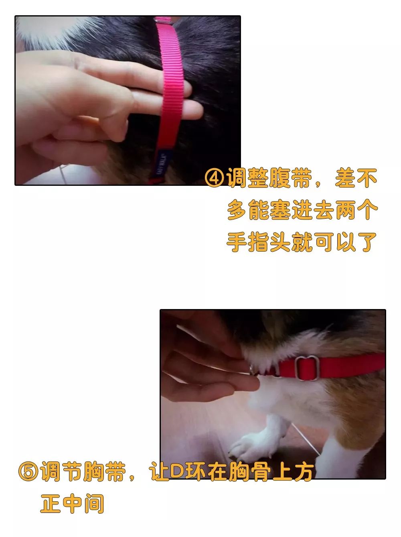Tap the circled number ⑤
(28, 472)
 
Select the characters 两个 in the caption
(356, 210)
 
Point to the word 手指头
(259, 242)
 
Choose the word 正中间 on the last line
(72, 503)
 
